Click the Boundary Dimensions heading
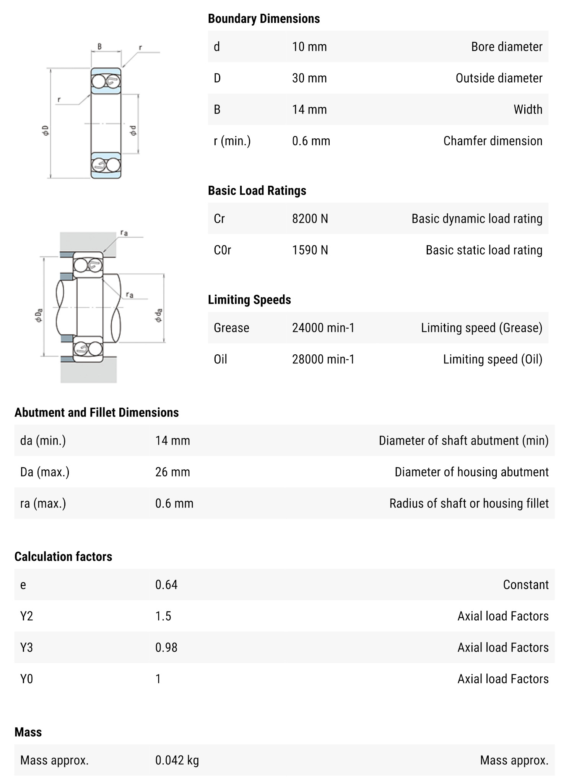pos(263,18)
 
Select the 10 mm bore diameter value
pos(309,47)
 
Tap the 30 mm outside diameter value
pos(309,78)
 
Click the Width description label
pos(528,109)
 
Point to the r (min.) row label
pos(232,141)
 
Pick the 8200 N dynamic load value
pos(310,219)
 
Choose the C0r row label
pos(222,250)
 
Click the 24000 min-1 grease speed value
pos(323,328)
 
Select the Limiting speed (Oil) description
pos(493,359)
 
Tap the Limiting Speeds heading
pos(249,300)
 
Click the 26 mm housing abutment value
pos(172,472)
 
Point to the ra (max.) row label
pos(43,503)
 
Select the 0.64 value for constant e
pos(166,585)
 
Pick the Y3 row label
pos(26,647)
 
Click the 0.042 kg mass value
pos(177,760)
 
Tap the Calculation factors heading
pos(63,556)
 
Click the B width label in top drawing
pos(99,47)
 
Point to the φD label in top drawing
pos(46,130)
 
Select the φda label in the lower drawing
pos(158,315)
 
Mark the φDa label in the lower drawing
pos(39,315)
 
